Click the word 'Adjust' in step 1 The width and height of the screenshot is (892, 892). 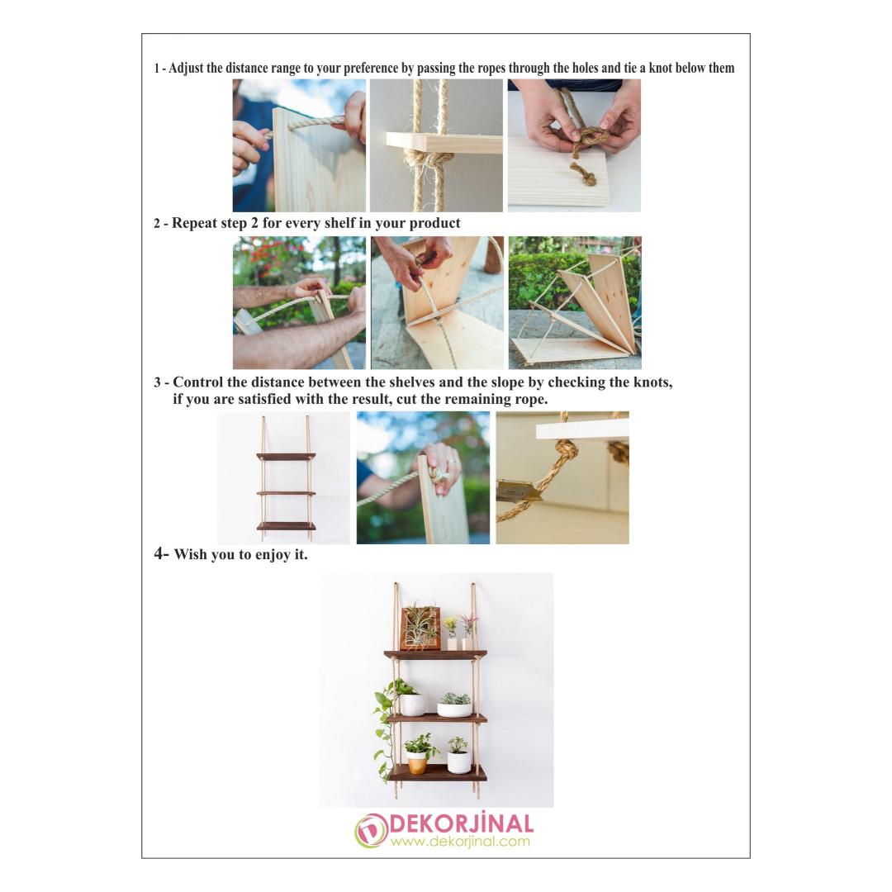[x=186, y=69]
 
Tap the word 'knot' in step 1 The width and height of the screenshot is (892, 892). [x=661, y=69]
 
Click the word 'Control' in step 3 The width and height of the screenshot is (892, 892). [x=197, y=382]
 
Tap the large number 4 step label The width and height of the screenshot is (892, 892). [x=159, y=553]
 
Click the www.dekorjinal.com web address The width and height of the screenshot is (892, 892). [x=460, y=842]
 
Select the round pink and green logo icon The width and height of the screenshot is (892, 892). [x=371, y=831]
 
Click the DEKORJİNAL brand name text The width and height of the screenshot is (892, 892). [x=461, y=823]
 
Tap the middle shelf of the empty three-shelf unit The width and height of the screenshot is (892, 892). [x=286, y=492]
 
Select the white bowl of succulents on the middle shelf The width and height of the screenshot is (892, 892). [x=454, y=705]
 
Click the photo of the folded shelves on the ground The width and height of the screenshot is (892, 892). [x=575, y=302]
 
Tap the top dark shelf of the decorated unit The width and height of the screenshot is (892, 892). [x=436, y=655]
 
